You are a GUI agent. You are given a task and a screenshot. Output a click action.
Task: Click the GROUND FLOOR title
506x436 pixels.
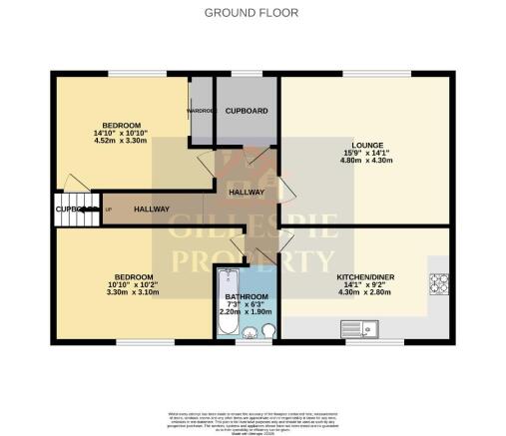click(x=253, y=13)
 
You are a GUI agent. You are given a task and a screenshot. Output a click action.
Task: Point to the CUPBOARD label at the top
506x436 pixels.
click(x=246, y=111)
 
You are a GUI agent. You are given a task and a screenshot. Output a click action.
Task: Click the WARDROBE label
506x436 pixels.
click(x=202, y=111)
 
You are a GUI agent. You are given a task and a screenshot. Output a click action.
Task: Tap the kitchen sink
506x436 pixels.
click(x=355, y=327)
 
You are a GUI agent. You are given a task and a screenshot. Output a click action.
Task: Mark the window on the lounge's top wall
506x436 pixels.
click(x=360, y=74)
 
